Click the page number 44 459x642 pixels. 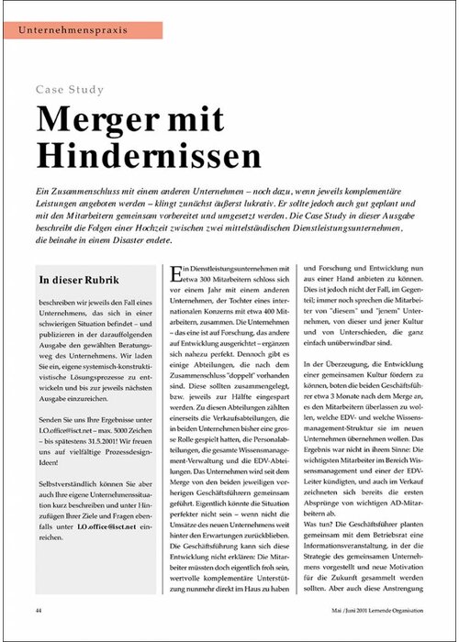[x=39, y=609]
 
